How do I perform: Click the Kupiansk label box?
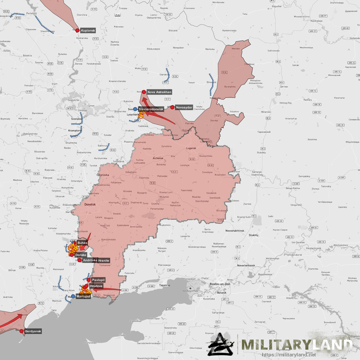tap(88, 30)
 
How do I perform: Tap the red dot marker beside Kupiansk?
tap(77, 30)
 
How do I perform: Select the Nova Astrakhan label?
tap(159, 91)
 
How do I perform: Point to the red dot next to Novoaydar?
tap(172, 107)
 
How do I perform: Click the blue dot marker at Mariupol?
tap(73, 296)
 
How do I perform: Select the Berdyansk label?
tap(33, 331)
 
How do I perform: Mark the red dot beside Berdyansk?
tap(21, 331)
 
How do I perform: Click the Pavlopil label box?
tap(98, 280)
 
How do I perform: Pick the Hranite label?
tap(104, 260)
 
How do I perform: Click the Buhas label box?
tap(82, 242)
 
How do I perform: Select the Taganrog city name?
tap(164, 285)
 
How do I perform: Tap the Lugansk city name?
tap(190, 148)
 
